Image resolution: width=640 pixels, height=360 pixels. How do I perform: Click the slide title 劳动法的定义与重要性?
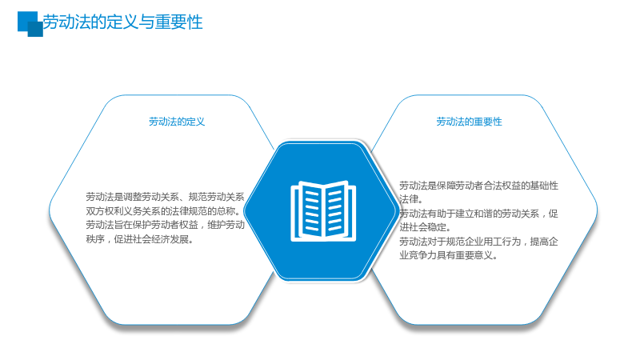(x=123, y=22)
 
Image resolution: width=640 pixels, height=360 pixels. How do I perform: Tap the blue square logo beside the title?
(x=30, y=24)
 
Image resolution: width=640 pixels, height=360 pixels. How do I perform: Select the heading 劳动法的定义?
(x=177, y=122)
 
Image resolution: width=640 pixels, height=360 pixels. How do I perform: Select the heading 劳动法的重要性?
(x=469, y=122)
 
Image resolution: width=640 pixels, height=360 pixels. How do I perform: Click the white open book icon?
(x=323, y=210)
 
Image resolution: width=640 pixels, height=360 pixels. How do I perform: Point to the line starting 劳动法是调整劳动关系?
(x=165, y=197)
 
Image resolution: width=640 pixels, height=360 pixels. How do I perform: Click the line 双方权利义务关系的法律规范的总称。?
(x=163, y=211)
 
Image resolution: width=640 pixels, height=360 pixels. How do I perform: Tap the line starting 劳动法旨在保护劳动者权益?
(x=165, y=225)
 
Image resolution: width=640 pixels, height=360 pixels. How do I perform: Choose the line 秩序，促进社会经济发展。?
(x=139, y=239)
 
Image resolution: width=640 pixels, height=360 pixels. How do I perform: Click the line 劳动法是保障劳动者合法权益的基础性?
(x=478, y=186)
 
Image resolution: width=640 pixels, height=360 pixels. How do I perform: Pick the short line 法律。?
(x=411, y=199)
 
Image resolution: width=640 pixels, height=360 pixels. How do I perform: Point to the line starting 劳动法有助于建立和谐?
(x=478, y=214)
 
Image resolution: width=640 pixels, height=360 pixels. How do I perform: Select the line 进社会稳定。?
(x=425, y=227)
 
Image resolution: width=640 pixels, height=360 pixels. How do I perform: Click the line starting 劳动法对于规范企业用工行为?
(x=478, y=242)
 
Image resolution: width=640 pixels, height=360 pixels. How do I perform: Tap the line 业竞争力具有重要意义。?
(x=449, y=255)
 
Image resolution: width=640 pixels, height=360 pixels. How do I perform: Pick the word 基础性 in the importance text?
(x=544, y=186)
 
